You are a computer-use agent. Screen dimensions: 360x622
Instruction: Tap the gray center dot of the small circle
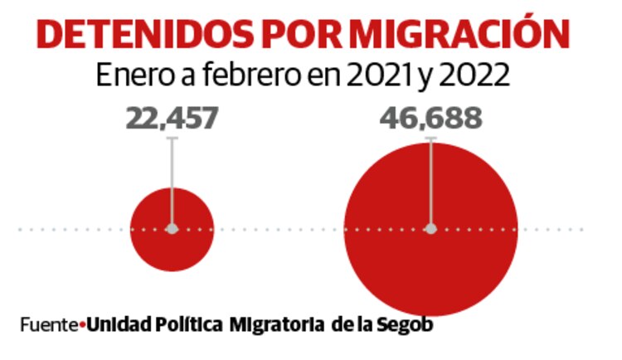(173, 229)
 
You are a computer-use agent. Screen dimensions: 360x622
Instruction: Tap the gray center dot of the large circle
(430, 229)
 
